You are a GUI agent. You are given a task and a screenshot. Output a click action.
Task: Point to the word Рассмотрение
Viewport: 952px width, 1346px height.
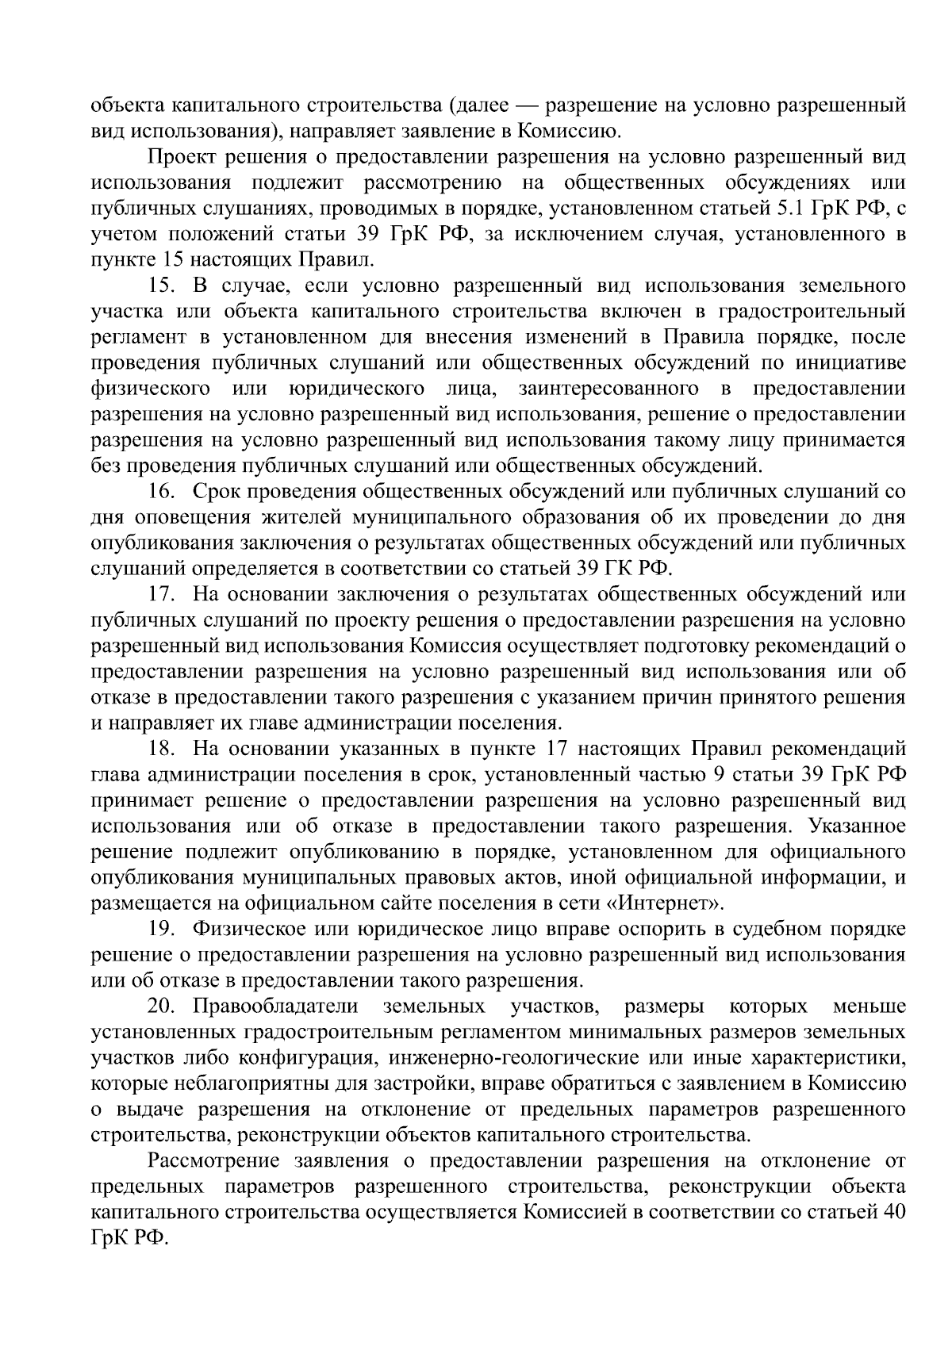tap(213, 1161)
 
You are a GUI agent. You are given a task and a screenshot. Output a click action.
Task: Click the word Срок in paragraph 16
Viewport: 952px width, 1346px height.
tap(217, 492)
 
